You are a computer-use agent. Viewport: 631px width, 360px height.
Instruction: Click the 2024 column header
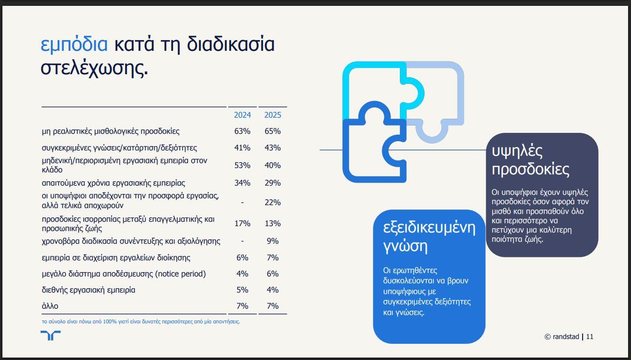pos(242,115)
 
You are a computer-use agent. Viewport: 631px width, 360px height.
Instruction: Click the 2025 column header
pos(272,115)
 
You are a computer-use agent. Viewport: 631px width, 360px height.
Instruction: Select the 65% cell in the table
pos(272,131)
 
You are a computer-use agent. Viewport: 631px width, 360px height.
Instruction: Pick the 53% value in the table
pos(242,165)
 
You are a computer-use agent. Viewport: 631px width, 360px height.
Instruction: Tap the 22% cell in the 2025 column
pos(272,202)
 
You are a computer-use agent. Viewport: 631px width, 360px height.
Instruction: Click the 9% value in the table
pos(272,241)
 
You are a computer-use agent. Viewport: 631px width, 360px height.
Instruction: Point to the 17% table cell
pos(242,224)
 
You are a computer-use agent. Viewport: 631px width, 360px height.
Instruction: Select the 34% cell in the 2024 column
pos(242,183)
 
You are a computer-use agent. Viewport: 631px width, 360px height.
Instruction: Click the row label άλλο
pos(50,306)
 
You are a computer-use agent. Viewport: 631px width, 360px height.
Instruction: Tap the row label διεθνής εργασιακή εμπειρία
pos(88,290)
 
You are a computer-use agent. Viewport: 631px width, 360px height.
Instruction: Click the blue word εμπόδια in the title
pos(74,44)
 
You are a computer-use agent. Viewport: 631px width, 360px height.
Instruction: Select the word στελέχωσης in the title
pos(94,68)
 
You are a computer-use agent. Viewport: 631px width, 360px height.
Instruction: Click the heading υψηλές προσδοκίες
pos(530,160)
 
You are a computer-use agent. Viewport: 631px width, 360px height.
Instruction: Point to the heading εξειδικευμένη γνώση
pos(429,236)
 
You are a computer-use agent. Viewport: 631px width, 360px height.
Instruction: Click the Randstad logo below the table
pos(50,336)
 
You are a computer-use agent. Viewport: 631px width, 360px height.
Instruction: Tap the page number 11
pos(589,337)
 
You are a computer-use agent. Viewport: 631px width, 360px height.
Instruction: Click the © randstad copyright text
pos(562,337)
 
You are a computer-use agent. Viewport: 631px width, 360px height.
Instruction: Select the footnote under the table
pos(141,321)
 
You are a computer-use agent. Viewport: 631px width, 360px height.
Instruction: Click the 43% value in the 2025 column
pos(272,148)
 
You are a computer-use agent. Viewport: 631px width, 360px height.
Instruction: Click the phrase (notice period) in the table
pos(180,274)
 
